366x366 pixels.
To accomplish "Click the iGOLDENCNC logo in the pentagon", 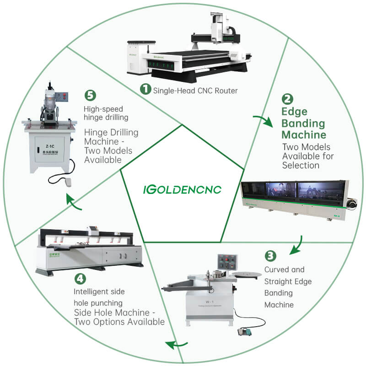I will click(182, 189).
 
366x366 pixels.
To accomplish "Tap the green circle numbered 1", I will click(145, 90).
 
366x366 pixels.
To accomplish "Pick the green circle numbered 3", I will click(270, 256).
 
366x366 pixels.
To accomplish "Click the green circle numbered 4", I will click(80, 278).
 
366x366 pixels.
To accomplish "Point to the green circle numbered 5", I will click(90, 96).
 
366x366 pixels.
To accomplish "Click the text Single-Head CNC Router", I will click(195, 91).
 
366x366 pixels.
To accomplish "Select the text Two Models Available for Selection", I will click(307, 156).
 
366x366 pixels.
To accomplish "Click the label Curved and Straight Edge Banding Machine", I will click(288, 287).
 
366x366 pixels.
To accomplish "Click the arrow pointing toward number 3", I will click(297, 246).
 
